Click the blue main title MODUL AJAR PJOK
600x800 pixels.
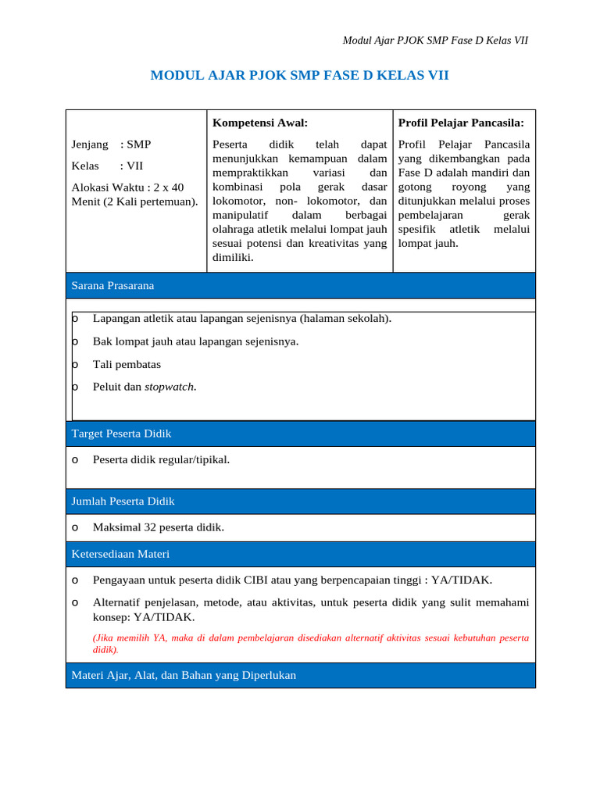[x=299, y=76]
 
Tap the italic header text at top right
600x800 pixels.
[x=436, y=41]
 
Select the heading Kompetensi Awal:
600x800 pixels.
[x=260, y=123]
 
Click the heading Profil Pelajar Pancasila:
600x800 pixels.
[x=461, y=123]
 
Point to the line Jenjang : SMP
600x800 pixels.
[x=111, y=145]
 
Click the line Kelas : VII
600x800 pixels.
[x=107, y=166]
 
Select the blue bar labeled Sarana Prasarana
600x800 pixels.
[x=301, y=285]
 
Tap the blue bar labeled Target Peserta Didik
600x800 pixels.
[x=301, y=433]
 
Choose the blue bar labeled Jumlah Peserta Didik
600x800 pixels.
[x=301, y=501]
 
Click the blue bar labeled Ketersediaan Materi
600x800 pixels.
[x=301, y=554]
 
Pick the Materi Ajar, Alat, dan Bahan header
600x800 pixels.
[x=301, y=675]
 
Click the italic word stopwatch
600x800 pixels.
[x=170, y=387]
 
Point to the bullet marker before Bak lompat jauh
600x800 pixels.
[x=75, y=341]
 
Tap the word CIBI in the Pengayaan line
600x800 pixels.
[x=259, y=580]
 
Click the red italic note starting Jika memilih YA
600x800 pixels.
[x=310, y=643]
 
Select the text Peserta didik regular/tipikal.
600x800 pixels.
[x=161, y=459]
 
